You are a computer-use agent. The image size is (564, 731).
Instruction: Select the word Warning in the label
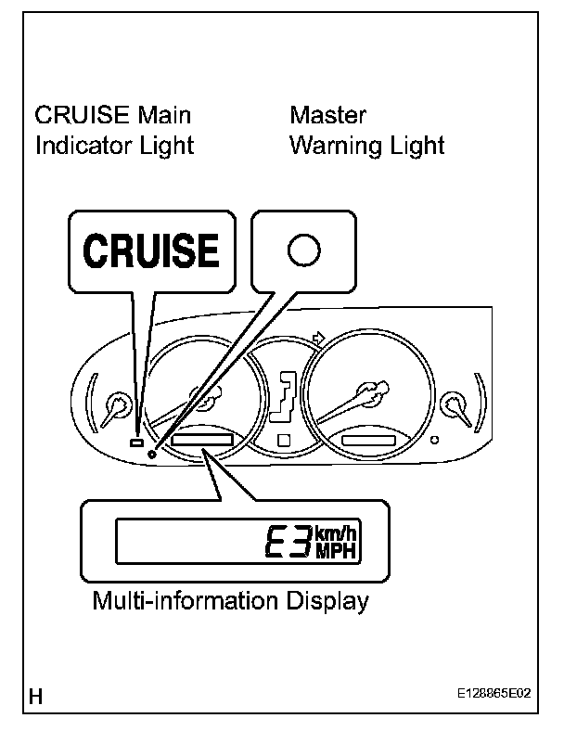(333, 146)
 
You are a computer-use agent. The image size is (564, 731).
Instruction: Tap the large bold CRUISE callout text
(152, 250)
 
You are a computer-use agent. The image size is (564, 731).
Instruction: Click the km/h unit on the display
(335, 532)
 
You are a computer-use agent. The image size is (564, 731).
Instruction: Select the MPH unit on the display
(335, 551)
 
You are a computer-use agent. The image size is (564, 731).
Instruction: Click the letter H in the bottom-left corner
(37, 696)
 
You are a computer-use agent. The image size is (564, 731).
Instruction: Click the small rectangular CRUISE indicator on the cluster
(136, 443)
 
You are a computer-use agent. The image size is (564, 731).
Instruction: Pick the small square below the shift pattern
(284, 439)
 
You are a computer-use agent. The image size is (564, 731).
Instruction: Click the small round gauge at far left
(118, 405)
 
